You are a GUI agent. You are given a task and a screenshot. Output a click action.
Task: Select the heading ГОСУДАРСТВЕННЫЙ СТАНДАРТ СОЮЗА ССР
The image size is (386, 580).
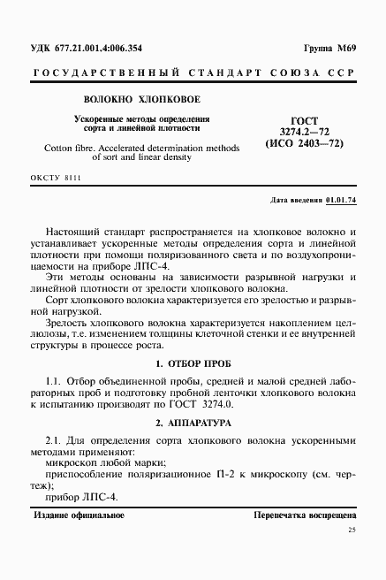point(193,72)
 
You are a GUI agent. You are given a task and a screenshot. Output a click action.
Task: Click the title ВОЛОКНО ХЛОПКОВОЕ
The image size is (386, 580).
point(142,100)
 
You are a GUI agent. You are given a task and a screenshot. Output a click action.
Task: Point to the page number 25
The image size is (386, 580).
point(352,530)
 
